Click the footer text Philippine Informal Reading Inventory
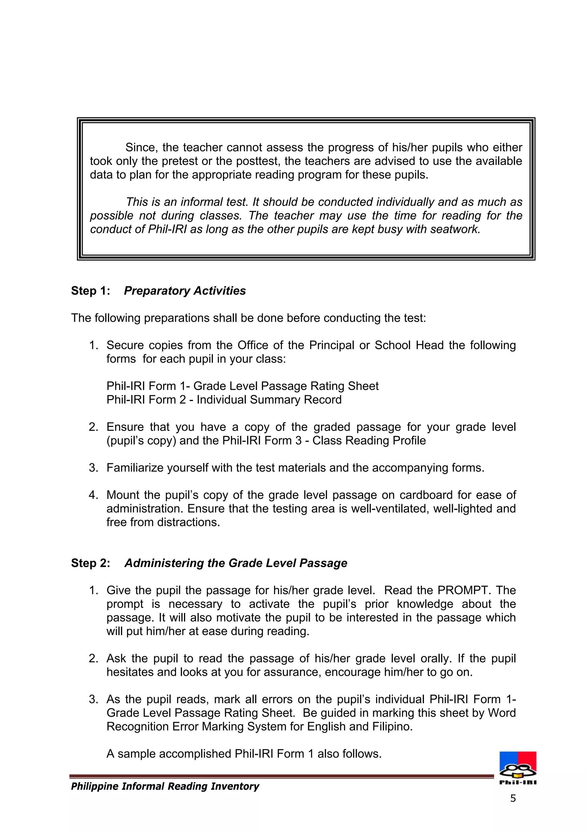[165, 786]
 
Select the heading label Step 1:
[90, 291]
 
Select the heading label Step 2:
[90, 563]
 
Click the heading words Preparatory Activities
[185, 291]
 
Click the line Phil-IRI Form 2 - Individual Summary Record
[224, 400]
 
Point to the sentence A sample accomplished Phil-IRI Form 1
[244, 754]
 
